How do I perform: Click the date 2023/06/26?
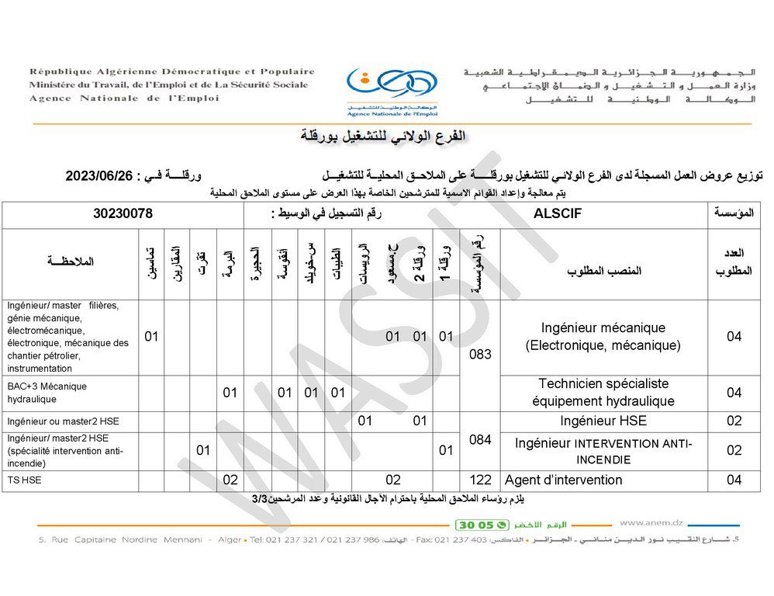pyautogui.click(x=101, y=176)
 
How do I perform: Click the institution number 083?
pyautogui.click(x=480, y=354)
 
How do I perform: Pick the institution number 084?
pyautogui.click(x=480, y=439)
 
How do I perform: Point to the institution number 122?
pyautogui.click(x=480, y=480)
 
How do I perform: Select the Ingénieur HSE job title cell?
pyautogui.click(x=603, y=421)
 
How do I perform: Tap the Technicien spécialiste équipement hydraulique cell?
pyautogui.click(x=603, y=393)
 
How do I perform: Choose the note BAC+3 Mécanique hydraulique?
pyautogui.click(x=47, y=393)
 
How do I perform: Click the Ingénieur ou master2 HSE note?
pyautogui.click(x=62, y=421)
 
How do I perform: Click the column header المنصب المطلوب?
pyautogui.click(x=603, y=271)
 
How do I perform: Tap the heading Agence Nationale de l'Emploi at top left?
pyautogui.click(x=124, y=99)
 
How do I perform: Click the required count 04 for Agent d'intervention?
pyautogui.click(x=734, y=480)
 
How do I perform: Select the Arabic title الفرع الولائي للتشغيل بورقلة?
pyautogui.click(x=384, y=137)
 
